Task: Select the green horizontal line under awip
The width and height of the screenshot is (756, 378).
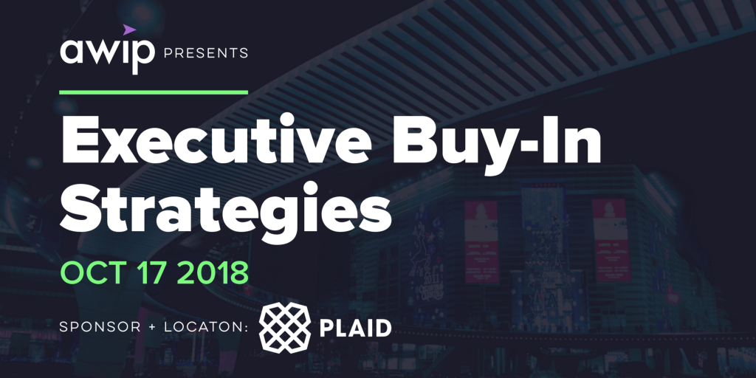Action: [x=153, y=92]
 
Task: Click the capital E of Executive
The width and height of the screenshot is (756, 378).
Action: [x=80, y=141]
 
